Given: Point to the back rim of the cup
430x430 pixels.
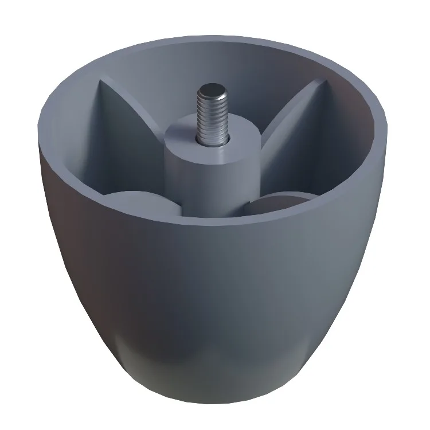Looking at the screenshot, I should (212, 36).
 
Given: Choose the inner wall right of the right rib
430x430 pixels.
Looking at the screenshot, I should (350, 143).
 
